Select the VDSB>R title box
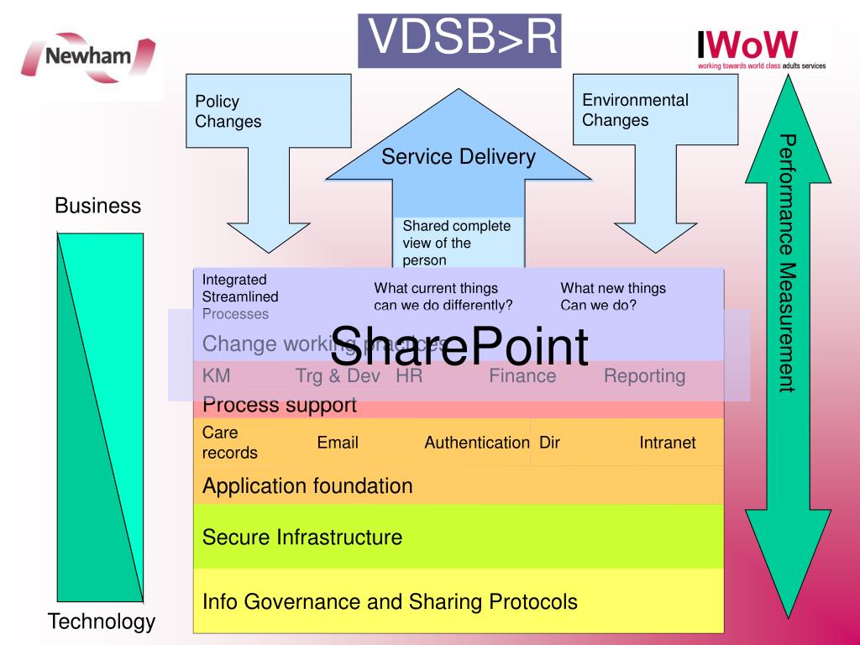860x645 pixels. (459, 39)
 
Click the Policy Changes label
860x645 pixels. (228, 112)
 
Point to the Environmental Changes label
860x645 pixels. (635, 110)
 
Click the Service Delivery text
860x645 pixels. (458, 157)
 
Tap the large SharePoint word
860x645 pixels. (459, 346)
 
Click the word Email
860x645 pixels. (338, 443)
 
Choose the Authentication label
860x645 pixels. (476, 443)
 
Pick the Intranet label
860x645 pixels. (667, 443)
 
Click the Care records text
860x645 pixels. (229, 443)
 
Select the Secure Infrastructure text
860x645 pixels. (302, 537)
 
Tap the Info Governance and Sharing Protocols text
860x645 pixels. (390, 601)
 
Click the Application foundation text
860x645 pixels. (307, 485)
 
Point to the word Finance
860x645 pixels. (522, 376)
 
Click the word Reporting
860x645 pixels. (644, 376)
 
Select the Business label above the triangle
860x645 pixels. (97, 206)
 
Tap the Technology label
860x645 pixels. (102, 621)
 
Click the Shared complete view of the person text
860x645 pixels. (456, 243)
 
